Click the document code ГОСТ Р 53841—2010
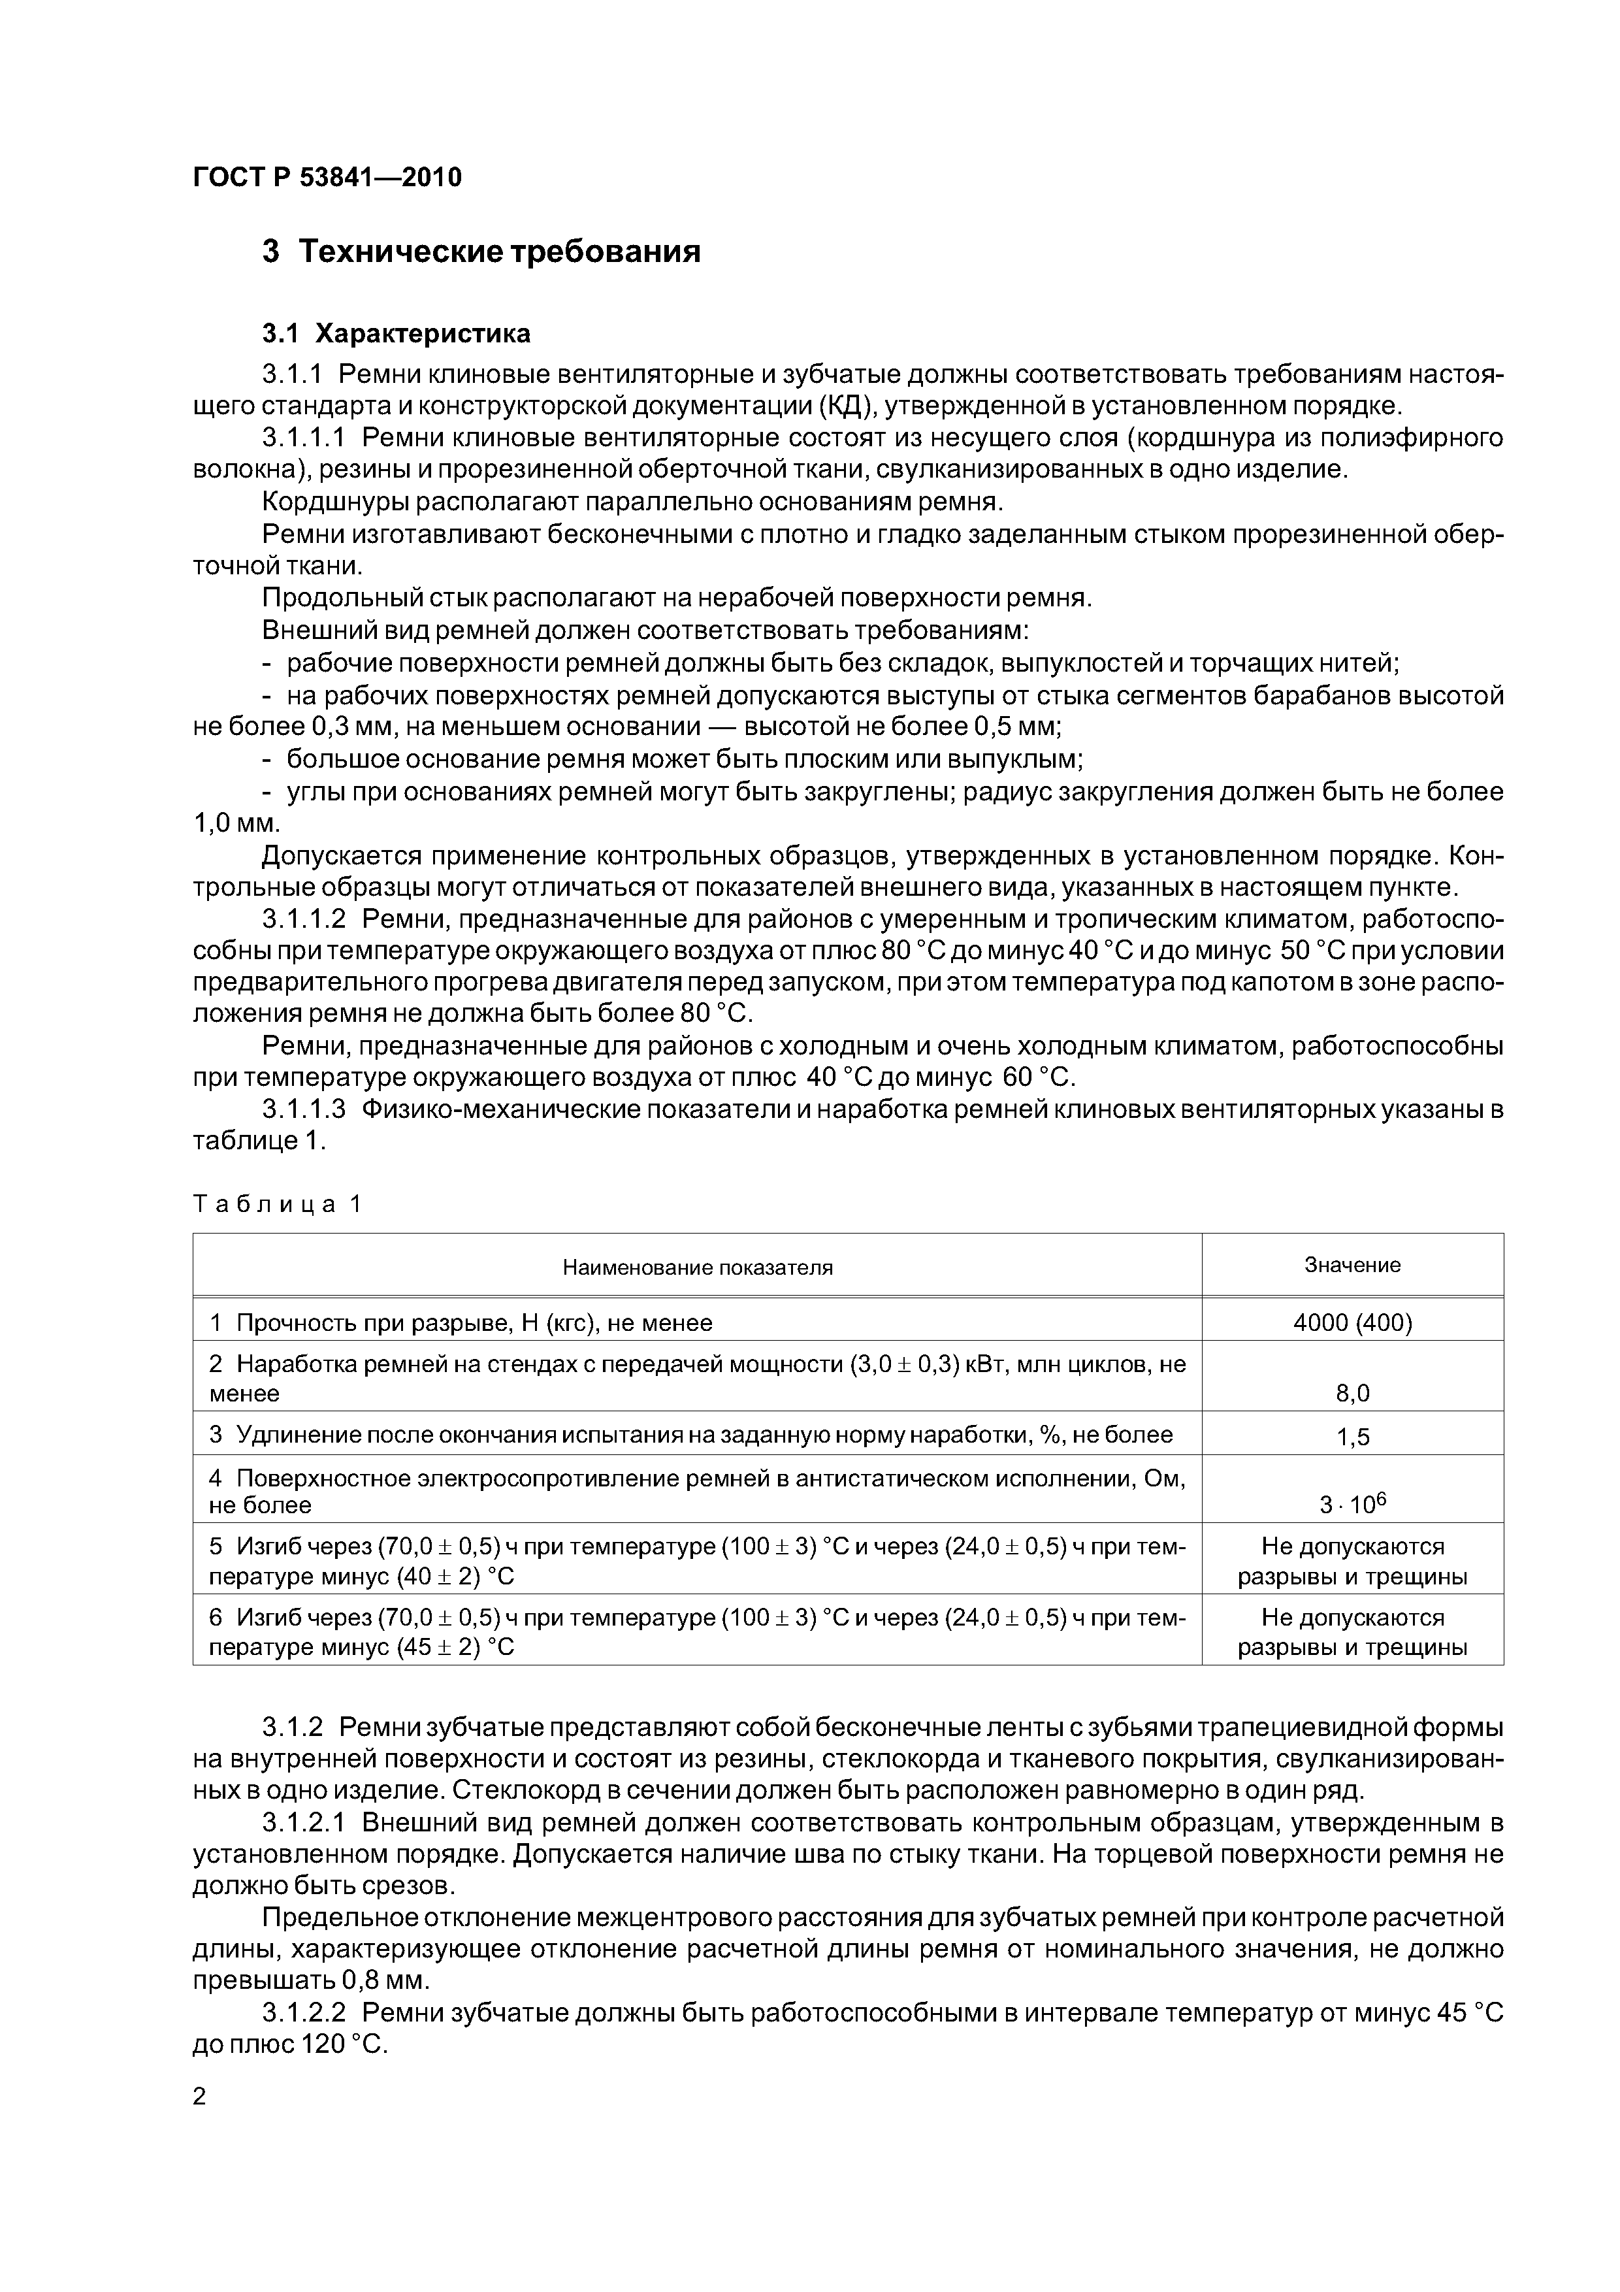point(327,178)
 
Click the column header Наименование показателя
point(697,1268)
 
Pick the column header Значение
point(1352,1265)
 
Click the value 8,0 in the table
point(1352,1392)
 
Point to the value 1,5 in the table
point(1352,1437)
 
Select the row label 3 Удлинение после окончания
point(690,1435)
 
